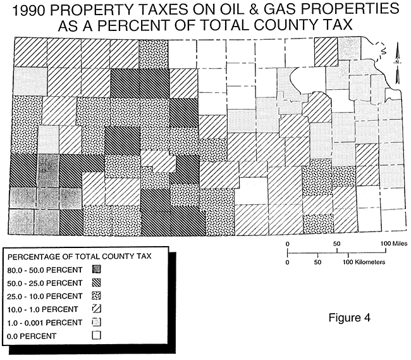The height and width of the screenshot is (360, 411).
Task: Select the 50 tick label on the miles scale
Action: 336,243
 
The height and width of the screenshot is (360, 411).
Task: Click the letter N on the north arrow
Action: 396,62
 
